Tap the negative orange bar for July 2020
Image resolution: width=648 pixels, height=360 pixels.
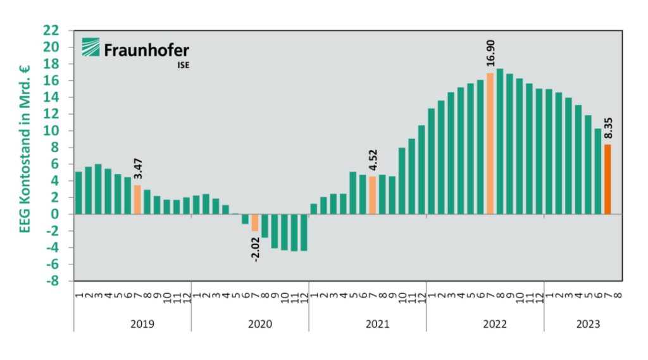255,223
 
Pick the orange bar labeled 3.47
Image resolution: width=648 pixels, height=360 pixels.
137,199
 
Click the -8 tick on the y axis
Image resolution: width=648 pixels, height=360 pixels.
53,281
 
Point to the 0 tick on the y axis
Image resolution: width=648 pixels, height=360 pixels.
56,214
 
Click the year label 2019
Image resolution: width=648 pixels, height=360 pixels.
142,324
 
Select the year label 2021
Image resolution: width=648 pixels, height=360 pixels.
377,324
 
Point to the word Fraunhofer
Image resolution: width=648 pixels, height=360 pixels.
146,49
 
